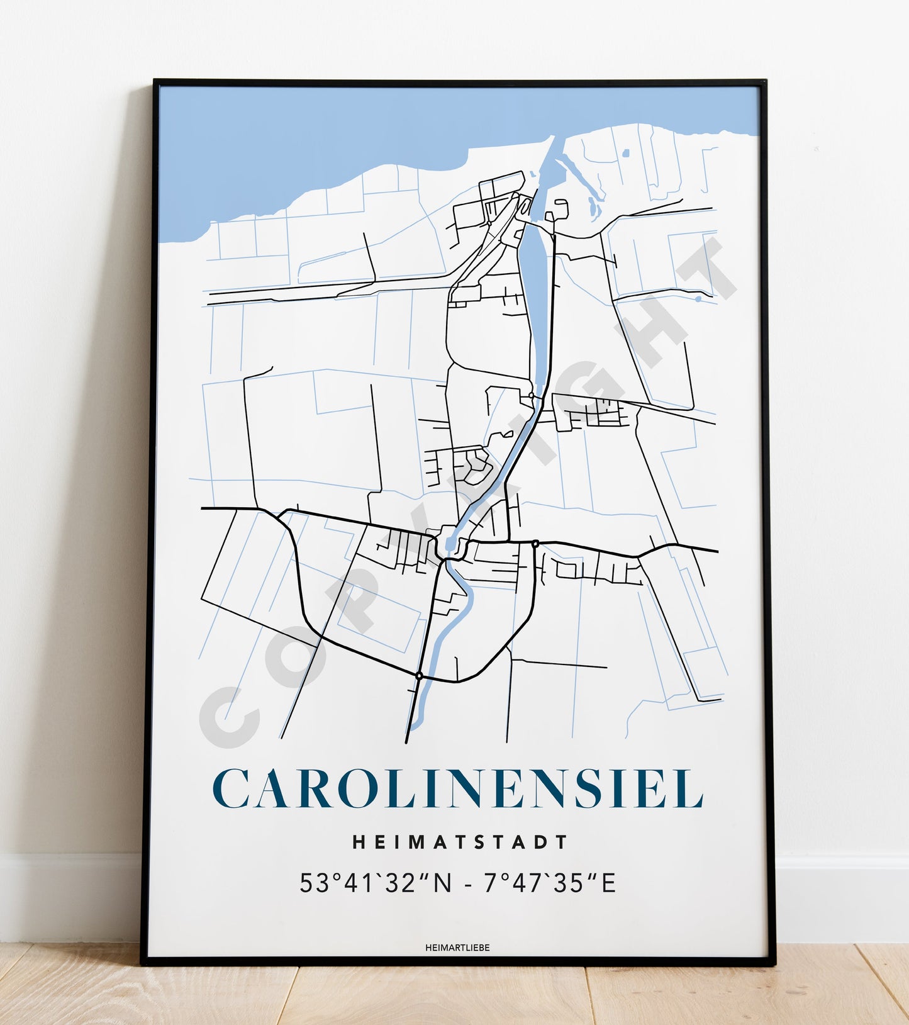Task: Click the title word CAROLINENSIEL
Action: coord(457,788)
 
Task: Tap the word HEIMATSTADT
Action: coord(460,842)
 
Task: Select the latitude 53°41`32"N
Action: coord(376,883)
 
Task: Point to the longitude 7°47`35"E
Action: coord(549,883)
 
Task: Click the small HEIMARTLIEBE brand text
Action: coord(457,948)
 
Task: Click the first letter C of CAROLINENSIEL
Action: coord(233,788)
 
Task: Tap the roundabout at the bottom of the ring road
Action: coord(418,676)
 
